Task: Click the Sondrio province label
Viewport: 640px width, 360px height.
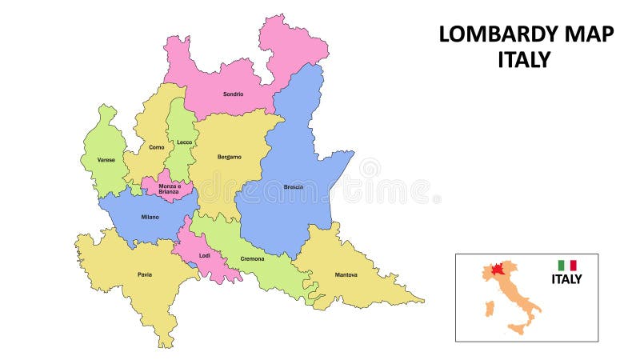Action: pos(233,94)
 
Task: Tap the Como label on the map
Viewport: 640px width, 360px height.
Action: pos(156,147)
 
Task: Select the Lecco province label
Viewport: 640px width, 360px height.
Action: pos(185,142)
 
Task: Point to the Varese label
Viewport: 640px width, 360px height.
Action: pos(106,160)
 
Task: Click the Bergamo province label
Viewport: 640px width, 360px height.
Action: pos(229,157)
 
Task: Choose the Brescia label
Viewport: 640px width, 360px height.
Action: pos(293,187)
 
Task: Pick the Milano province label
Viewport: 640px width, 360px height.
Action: pos(150,217)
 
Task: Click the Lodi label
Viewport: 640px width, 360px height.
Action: pos(204,256)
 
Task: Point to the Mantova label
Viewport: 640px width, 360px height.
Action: pos(346,275)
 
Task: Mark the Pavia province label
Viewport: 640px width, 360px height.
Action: pos(144,274)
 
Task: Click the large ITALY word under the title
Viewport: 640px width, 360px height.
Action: pos(524,60)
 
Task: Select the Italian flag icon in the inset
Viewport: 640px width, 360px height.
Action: pos(567,265)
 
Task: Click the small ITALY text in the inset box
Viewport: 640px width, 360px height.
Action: pos(566,279)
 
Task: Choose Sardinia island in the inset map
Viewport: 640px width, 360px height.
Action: pos(487,308)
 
